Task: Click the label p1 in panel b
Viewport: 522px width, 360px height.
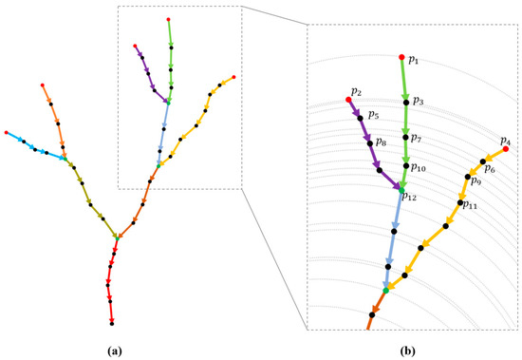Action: click(x=414, y=60)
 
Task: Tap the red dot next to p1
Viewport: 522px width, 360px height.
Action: click(x=401, y=57)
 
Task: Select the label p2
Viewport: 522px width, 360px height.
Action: click(x=356, y=91)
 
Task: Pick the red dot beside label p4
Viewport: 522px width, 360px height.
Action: click(x=505, y=149)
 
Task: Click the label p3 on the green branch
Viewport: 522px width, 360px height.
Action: click(x=419, y=100)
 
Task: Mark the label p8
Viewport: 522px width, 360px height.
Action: click(x=381, y=142)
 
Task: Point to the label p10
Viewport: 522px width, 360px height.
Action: click(x=419, y=167)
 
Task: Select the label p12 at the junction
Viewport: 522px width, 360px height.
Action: click(x=410, y=197)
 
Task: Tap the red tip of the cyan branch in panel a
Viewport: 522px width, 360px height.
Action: click(x=7, y=132)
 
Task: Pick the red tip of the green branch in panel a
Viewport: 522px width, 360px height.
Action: click(x=169, y=18)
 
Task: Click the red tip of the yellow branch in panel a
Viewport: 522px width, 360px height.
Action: click(x=233, y=76)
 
